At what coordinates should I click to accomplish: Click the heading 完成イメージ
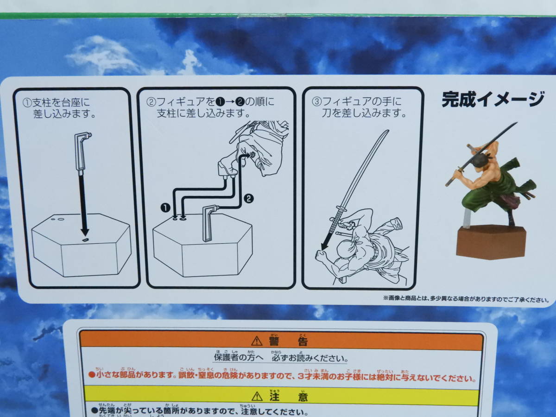pos(492,99)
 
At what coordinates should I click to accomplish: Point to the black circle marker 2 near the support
pos(249,198)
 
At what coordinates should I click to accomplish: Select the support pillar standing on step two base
pos(209,222)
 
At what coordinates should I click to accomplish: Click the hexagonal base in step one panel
pos(81,248)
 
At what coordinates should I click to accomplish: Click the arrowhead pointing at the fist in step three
pos(325,244)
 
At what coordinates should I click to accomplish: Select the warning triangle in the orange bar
pos(257,341)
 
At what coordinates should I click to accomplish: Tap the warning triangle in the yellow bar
pos(257,396)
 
